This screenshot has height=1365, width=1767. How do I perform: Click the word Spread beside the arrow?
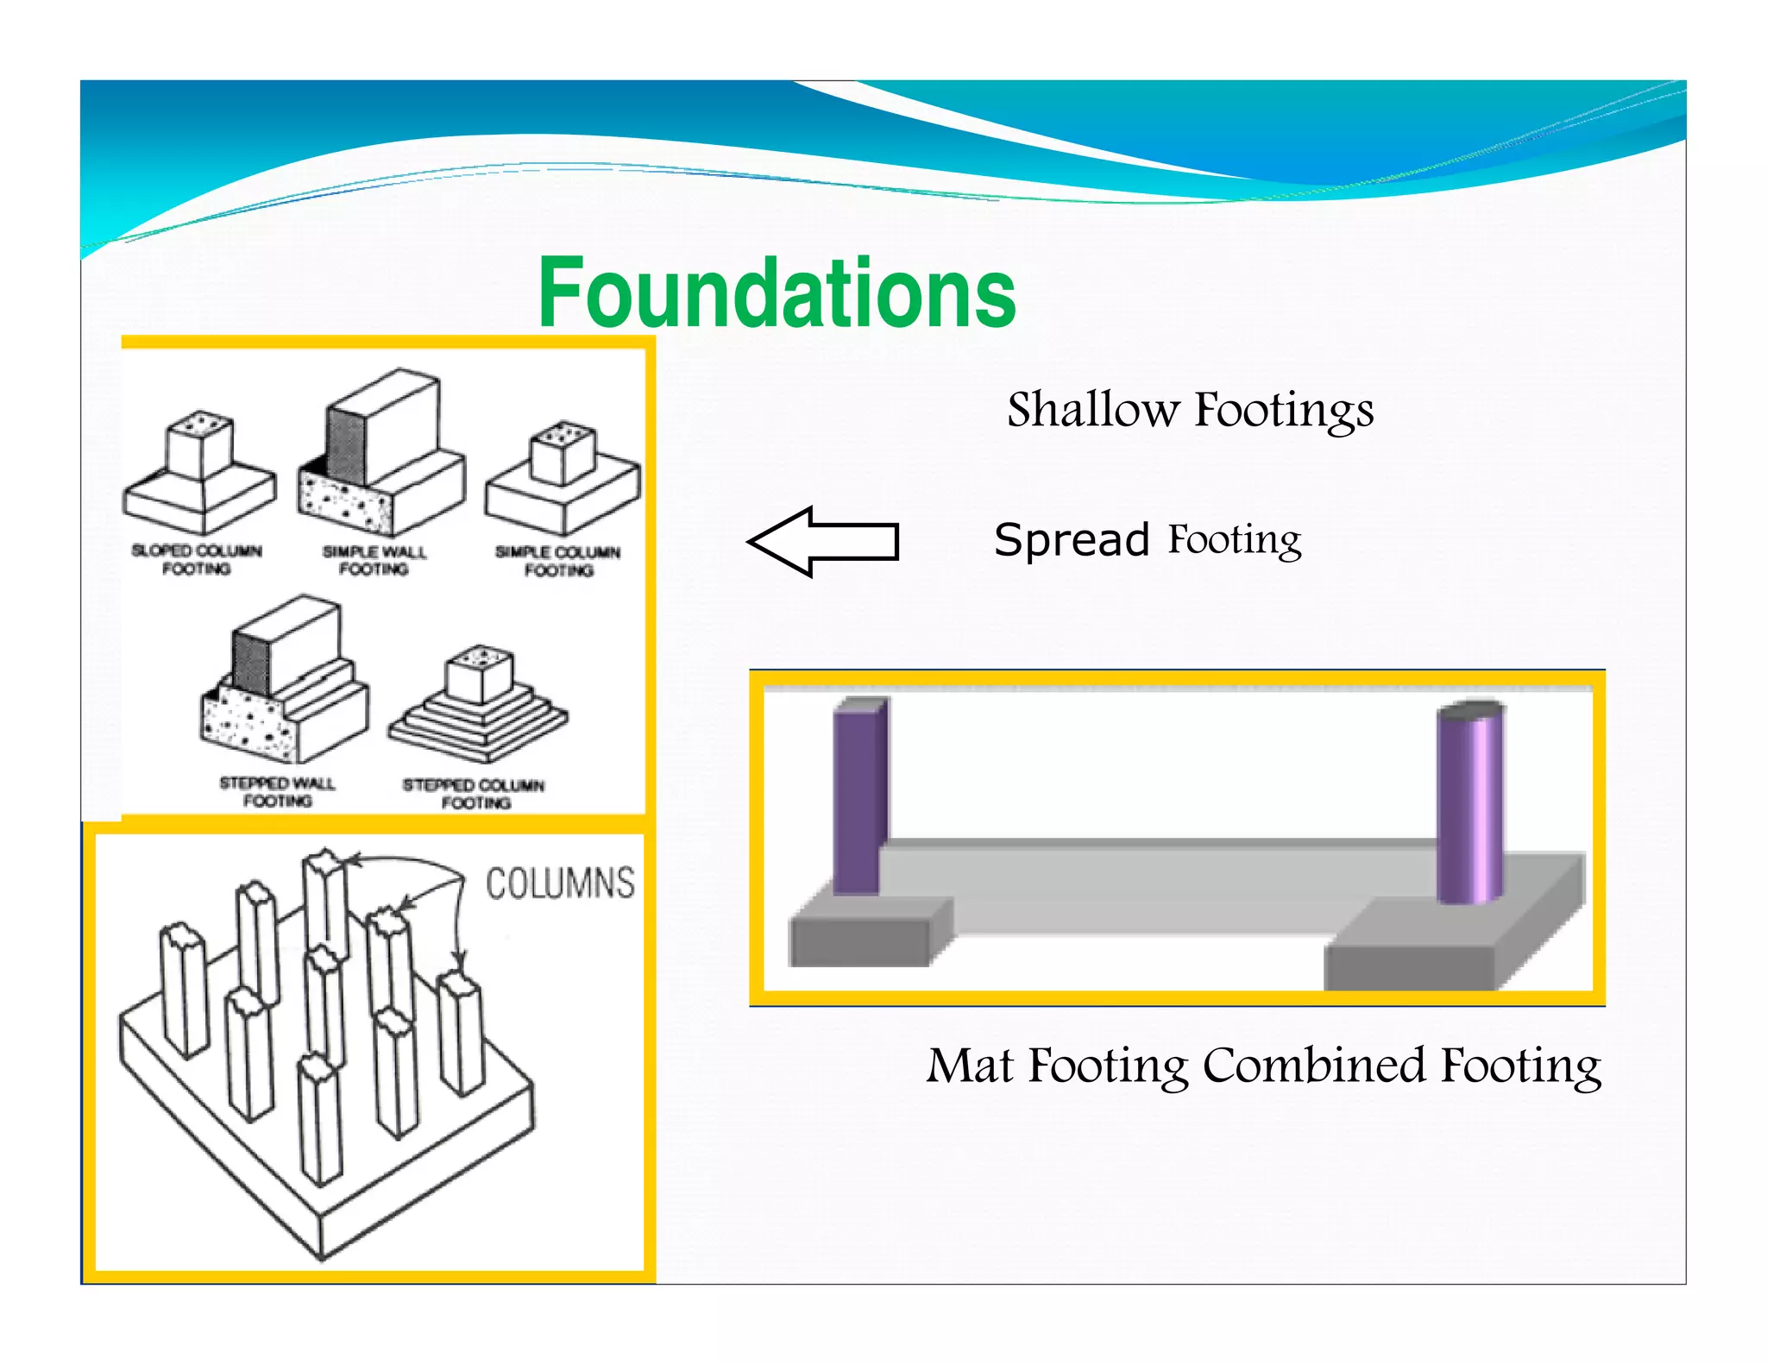coord(1072,541)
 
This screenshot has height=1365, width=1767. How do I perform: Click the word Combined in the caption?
coord(1315,1066)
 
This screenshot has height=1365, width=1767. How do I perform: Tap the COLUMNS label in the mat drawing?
coord(560,884)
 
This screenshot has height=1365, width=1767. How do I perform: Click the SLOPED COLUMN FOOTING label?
coord(197,559)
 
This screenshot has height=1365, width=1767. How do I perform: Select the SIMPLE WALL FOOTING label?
coord(374,560)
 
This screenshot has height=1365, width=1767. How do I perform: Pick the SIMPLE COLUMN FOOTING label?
coord(558,561)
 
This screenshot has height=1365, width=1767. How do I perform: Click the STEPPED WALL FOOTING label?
coord(277,792)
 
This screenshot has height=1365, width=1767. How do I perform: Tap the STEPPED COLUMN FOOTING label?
coord(474,794)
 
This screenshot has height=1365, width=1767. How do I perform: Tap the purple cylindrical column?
coord(1469,802)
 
